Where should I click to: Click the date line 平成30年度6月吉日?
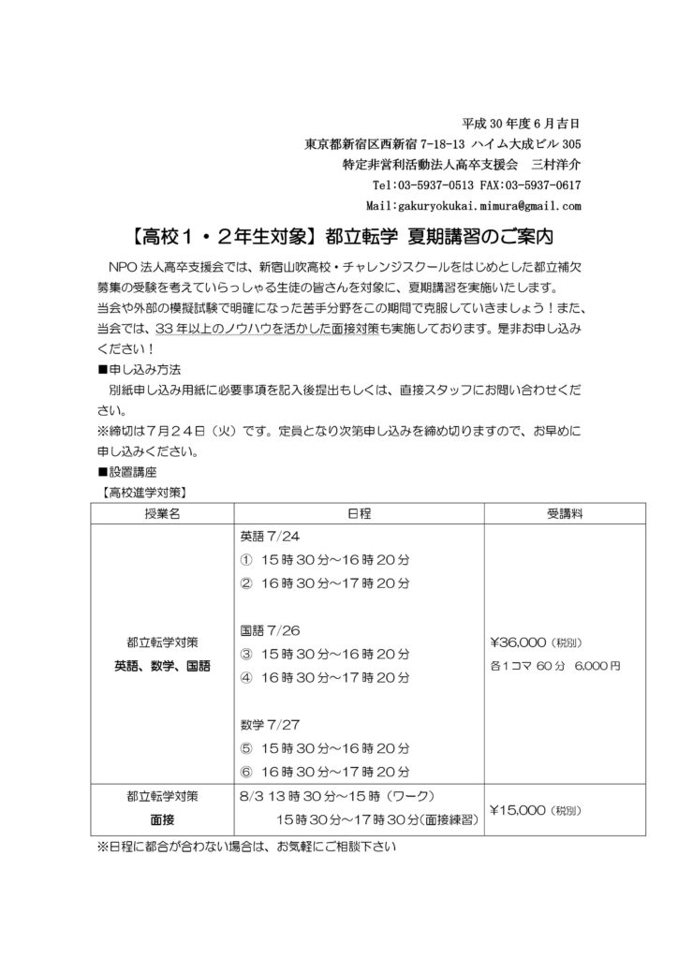pyautogui.click(x=523, y=124)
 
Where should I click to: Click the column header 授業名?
pyautogui.click(x=162, y=512)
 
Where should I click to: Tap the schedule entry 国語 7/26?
pyautogui.click(x=265, y=630)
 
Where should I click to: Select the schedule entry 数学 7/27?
pyautogui.click(x=265, y=723)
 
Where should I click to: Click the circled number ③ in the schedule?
pyautogui.click(x=247, y=653)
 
